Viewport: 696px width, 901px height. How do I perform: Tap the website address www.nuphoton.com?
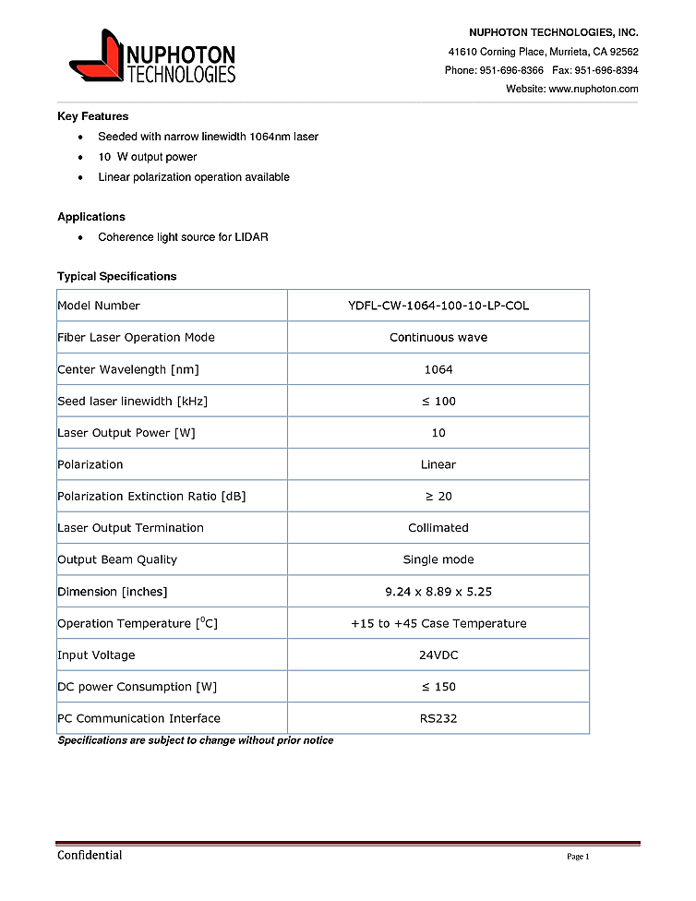click(593, 89)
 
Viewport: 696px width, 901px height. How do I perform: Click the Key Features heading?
click(92, 116)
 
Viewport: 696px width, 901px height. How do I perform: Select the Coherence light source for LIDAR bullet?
click(183, 237)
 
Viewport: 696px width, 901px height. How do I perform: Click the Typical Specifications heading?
click(116, 276)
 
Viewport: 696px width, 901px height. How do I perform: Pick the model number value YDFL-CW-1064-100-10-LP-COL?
click(438, 306)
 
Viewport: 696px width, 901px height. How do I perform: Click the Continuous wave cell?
click(438, 337)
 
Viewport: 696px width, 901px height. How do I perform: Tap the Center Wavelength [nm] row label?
click(128, 369)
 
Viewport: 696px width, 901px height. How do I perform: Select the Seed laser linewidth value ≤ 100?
click(438, 401)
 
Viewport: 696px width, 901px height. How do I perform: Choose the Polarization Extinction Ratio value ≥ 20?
click(438, 496)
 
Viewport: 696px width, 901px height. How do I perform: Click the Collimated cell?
click(438, 528)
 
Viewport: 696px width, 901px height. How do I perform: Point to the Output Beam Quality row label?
click(117, 559)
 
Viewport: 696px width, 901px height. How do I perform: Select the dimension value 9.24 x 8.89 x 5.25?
click(438, 592)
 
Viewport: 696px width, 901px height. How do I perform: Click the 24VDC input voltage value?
click(438, 655)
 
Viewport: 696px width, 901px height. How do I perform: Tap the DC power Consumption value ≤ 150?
click(438, 687)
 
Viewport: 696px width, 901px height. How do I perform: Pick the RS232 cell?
click(438, 718)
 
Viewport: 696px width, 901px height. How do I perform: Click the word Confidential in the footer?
click(90, 855)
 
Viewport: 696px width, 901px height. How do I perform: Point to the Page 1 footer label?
click(577, 857)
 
